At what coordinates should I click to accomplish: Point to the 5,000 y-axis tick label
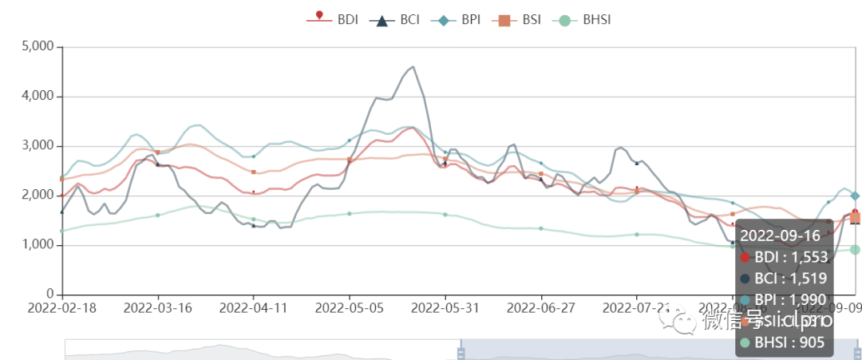36,47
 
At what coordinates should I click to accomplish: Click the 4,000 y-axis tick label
36,97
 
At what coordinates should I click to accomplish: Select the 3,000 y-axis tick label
36,146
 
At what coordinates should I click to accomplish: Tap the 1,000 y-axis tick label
36,245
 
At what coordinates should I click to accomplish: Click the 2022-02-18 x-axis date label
62,307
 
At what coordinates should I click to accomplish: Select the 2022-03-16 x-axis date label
158,307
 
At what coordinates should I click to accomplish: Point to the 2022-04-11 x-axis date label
254,307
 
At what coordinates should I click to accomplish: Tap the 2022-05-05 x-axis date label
350,307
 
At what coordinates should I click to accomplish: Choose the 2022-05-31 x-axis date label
445,307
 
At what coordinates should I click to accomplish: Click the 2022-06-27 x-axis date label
541,307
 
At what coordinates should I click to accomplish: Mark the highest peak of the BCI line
413,67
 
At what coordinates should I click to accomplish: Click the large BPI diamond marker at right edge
855,196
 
